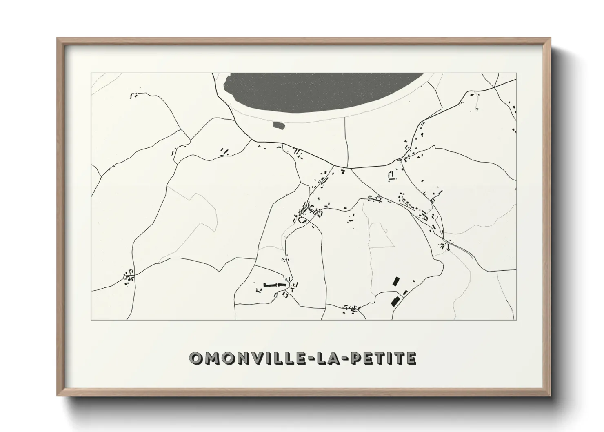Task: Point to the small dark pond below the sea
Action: click(279, 126)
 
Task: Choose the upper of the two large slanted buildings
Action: click(395, 281)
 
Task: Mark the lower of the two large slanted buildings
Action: click(395, 302)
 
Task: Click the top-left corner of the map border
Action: click(91, 73)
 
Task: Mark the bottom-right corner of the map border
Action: click(516, 320)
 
